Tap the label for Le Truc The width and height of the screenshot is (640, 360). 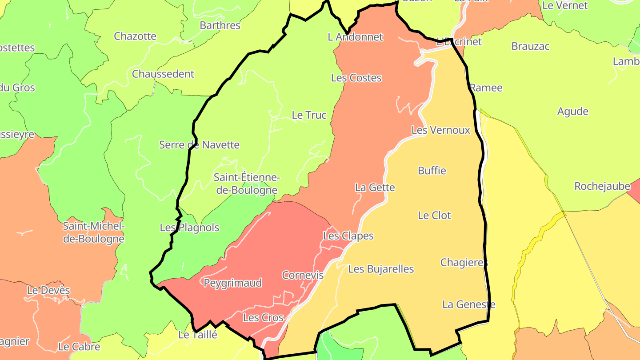[x=309, y=115]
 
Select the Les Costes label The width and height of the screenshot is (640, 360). [x=356, y=78]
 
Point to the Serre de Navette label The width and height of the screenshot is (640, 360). [x=199, y=144]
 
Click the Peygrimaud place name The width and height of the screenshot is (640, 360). [x=232, y=283]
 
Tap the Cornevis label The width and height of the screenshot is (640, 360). [x=303, y=275]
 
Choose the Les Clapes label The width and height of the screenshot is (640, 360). [x=348, y=236]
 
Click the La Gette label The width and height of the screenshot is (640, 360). [x=375, y=188]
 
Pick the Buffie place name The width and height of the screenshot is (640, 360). [x=432, y=171]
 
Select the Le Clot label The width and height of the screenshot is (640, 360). [x=434, y=216]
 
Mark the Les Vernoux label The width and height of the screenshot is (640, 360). [x=440, y=130]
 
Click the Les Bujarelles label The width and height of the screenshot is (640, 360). [x=381, y=269]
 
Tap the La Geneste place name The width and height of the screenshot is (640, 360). [x=468, y=304]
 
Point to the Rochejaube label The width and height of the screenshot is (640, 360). [x=602, y=186]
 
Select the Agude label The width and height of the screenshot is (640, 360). [x=572, y=112]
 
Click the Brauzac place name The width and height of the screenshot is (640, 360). [x=530, y=46]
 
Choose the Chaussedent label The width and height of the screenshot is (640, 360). [x=163, y=74]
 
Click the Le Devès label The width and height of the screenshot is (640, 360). [x=48, y=290]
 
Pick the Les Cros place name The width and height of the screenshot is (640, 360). [x=263, y=318]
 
